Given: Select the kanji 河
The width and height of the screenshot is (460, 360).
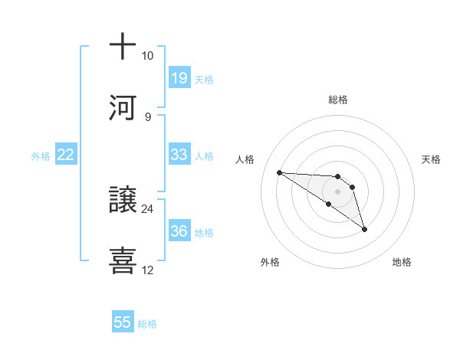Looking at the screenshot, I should [123, 107].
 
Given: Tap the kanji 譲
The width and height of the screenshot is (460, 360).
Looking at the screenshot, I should [123, 200].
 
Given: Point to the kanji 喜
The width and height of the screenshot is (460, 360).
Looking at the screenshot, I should [123, 260].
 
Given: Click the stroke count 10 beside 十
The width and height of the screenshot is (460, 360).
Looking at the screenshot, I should [147, 56].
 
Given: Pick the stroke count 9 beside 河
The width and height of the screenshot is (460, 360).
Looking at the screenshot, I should [147, 116].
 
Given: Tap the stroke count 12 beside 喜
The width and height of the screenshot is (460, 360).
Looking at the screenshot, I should [147, 270].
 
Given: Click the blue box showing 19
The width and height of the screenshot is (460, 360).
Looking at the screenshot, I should [179, 78].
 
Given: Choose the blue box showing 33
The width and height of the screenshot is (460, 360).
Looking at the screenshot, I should [179, 155].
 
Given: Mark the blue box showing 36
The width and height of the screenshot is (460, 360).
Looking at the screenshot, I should [179, 231].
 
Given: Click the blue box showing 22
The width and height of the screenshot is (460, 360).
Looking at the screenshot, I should [66, 155].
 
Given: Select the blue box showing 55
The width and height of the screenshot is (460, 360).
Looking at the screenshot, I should [123, 322].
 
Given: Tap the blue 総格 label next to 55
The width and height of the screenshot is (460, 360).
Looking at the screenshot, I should [147, 324].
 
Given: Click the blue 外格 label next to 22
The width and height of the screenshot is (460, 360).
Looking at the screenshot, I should [41, 156].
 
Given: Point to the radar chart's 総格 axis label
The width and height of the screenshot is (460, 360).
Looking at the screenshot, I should [338, 100].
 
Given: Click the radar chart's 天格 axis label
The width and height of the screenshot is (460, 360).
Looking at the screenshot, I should [431, 159].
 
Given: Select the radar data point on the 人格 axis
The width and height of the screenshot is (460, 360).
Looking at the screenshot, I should [280, 172].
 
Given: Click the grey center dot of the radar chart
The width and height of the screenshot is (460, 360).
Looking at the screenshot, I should [338, 191].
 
